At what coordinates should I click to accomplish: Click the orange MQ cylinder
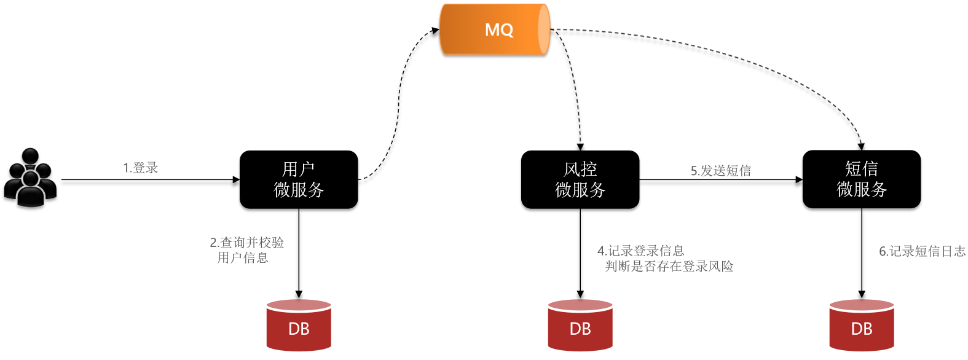coord(495,29)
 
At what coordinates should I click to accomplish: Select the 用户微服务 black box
coord(299,179)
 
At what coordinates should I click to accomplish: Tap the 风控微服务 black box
coord(580,179)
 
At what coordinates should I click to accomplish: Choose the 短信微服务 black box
coord(862,179)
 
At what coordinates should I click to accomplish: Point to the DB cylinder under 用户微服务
coord(299,325)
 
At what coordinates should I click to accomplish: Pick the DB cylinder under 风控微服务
coord(580,325)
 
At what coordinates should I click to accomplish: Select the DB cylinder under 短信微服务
coord(862,325)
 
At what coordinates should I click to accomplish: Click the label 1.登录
coord(141,168)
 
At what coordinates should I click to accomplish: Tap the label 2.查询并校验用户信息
coord(246,250)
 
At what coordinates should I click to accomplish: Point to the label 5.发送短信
coord(721,171)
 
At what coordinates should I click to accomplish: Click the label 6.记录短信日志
coord(922,251)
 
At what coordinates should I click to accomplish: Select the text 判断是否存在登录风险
coord(669,267)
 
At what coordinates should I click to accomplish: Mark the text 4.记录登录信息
coord(641,251)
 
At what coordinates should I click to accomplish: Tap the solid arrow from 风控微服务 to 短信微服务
coord(721,180)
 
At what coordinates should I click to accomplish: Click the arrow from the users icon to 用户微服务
coord(151,180)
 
